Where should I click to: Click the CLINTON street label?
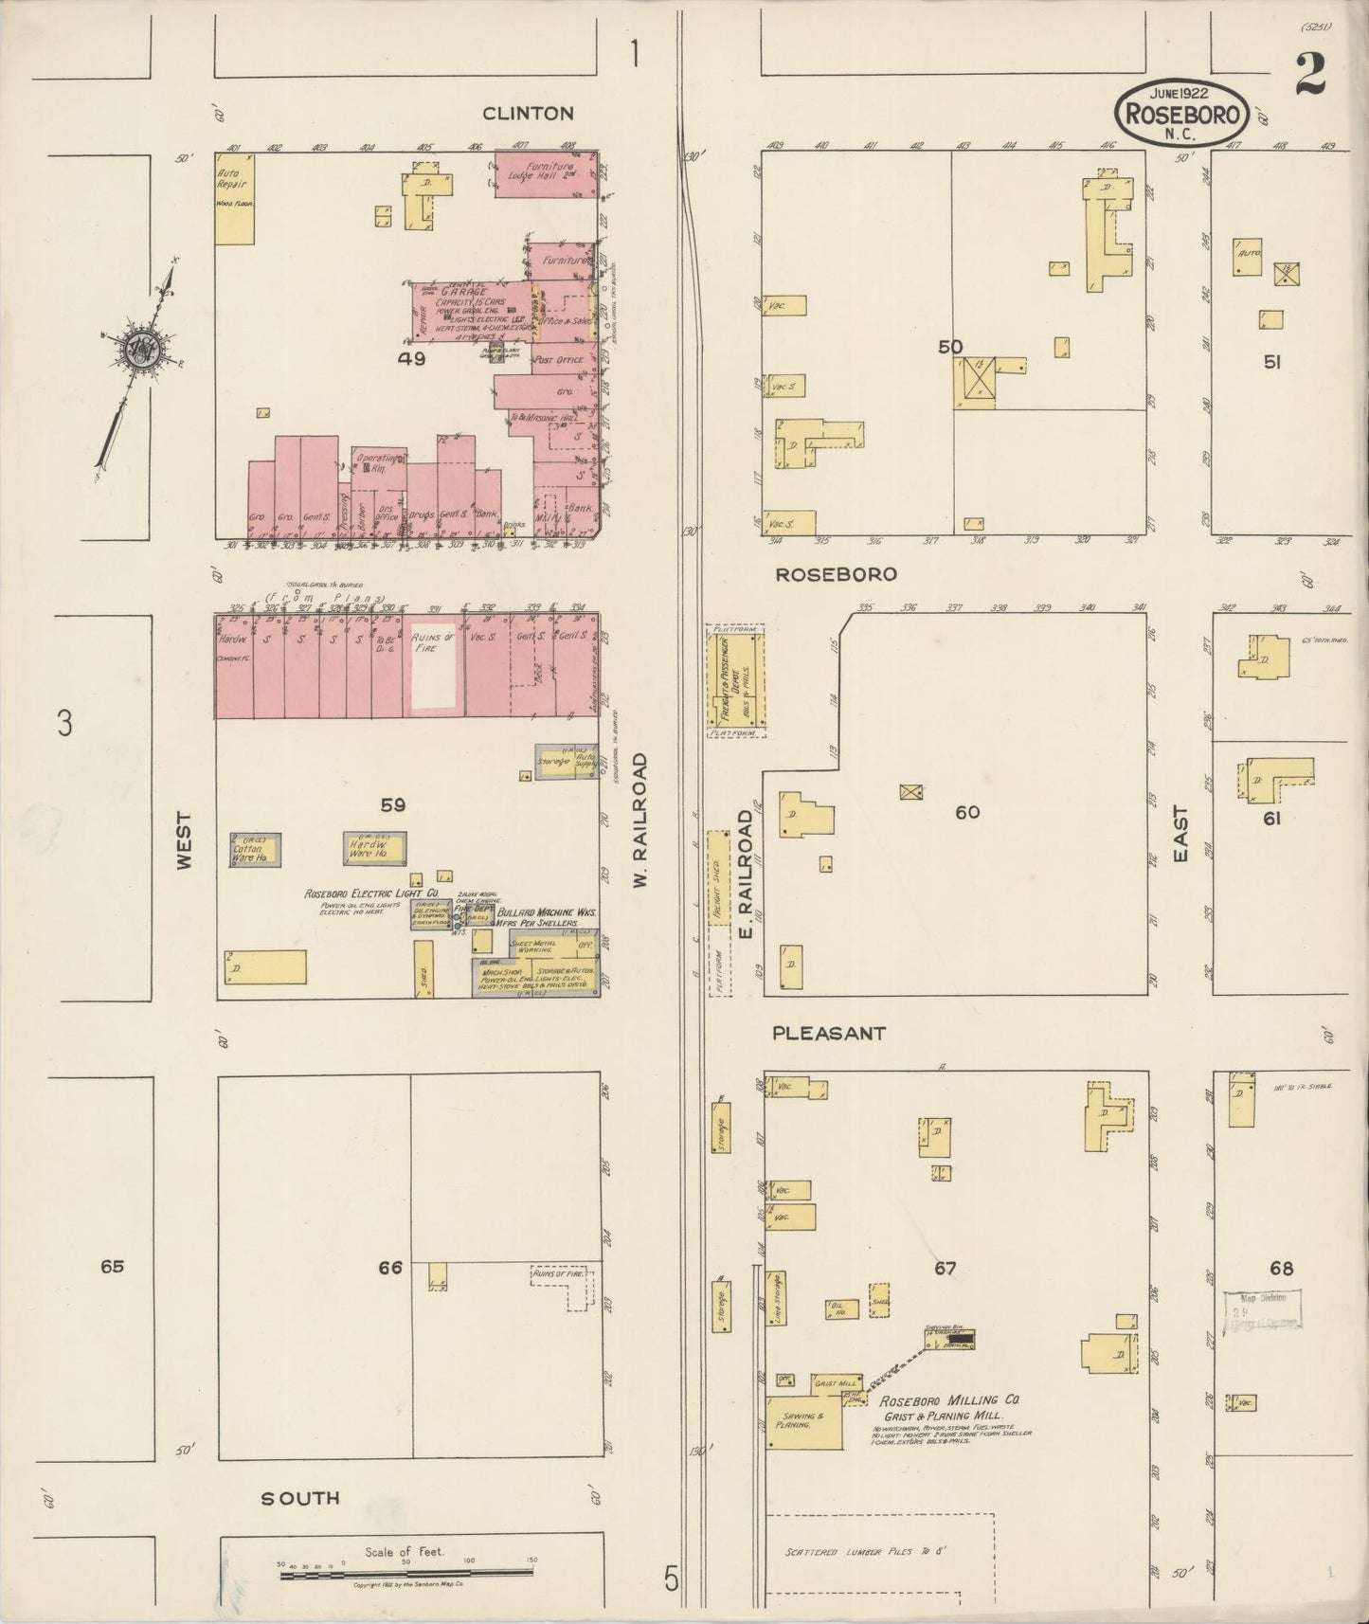[528, 114]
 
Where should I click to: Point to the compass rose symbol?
[142, 349]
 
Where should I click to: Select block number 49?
[411, 359]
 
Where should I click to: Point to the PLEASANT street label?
[828, 1034]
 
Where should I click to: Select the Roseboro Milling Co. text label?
[949, 1399]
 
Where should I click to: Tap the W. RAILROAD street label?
[640, 821]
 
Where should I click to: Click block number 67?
[945, 1269]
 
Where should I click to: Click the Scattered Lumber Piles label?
[866, 1552]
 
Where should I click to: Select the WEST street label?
[184, 839]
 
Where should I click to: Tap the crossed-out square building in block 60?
[911, 791]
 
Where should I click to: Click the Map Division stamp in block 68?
[1261, 1310]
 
